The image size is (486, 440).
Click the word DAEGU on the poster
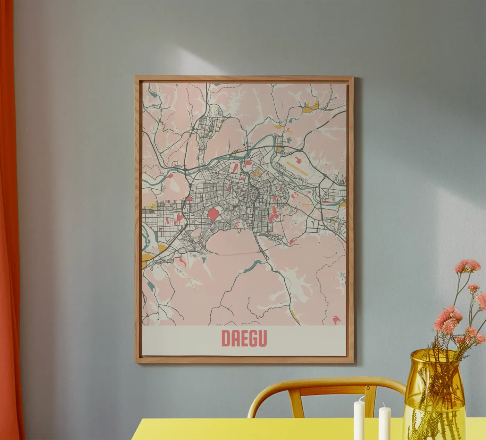coord(244,338)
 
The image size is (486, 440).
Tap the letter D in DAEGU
coord(225,338)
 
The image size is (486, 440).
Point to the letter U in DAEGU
coord(263,338)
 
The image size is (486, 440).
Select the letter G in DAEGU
coord(254,338)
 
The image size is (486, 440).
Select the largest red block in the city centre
coord(213,215)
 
